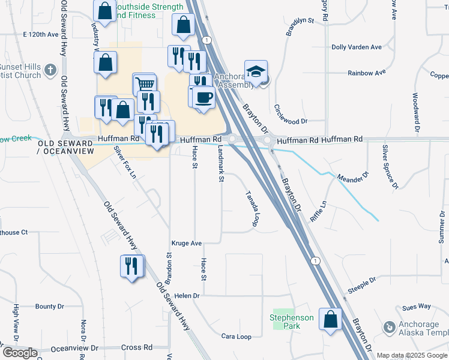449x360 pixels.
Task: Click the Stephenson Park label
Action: [292, 322]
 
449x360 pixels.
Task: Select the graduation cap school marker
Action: [256, 73]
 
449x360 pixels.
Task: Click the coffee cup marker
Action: [205, 97]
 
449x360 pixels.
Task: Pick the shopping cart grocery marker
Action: [144, 85]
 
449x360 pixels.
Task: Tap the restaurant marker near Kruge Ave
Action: [132, 265]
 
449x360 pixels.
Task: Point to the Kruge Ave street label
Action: [187, 244]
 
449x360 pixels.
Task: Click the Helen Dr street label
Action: [187, 296]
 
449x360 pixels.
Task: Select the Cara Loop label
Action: [236, 337]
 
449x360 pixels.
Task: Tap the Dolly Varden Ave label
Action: [357, 47]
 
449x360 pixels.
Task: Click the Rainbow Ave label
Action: [366, 73]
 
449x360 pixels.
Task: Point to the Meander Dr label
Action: [353, 178]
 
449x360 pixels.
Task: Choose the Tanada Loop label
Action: [251, 209]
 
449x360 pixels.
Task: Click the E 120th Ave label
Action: [40, 35]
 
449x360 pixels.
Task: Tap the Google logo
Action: [19, 353]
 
